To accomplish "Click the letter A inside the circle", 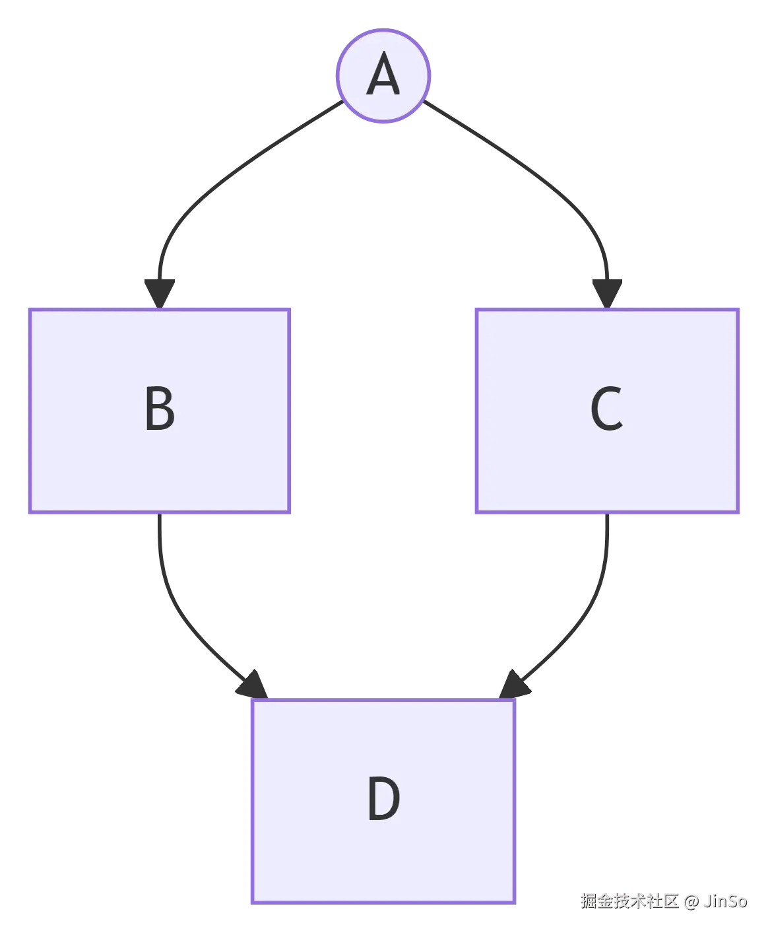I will click(x=383, y=76).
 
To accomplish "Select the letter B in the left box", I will click(x=160, y=409).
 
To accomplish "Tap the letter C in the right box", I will click(x=606, y=409).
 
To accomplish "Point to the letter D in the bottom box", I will click(x=383, y=799).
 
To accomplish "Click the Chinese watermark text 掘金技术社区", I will click(x=629, y=901).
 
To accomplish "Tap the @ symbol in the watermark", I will click(x=690, y=901).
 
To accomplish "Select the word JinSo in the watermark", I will click(x=724, y=901).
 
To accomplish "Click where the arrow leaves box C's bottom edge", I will click(x=607, y=516).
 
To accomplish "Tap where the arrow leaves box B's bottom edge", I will click(x=158, y=516).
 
